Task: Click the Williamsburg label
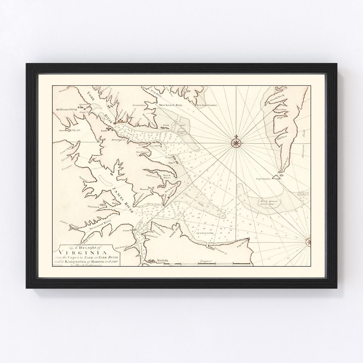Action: click(x=66, y=110)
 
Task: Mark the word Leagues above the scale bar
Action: click(x=206, y=261)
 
